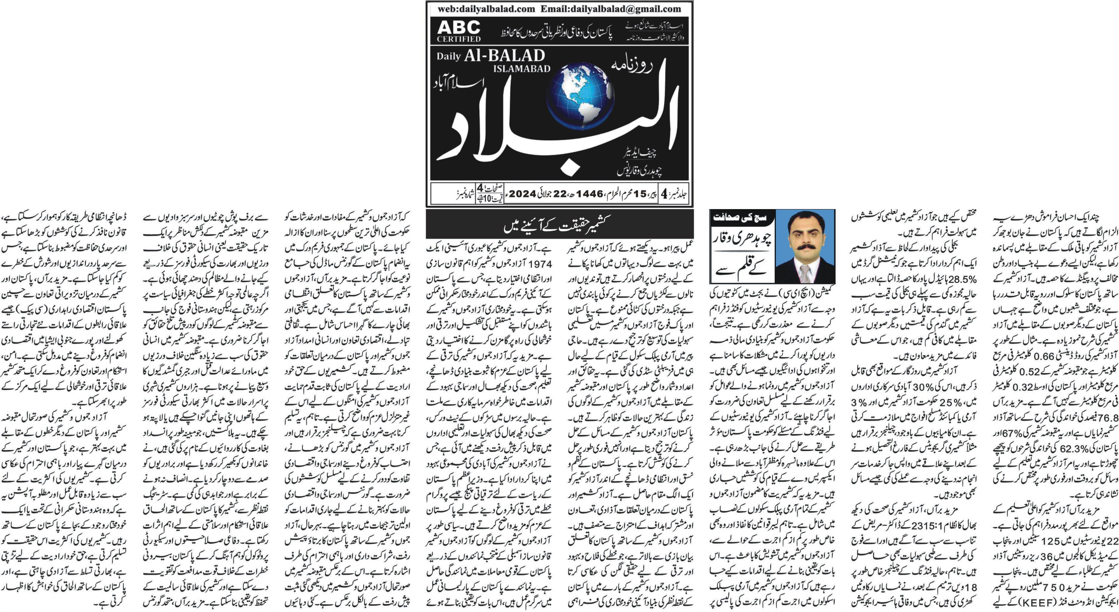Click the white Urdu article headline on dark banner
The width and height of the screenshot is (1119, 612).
point(559,226)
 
